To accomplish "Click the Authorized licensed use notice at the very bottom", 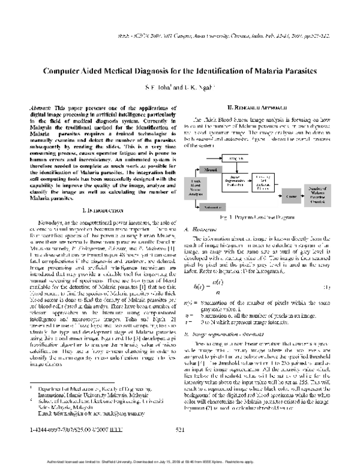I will (x=180, y=461).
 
